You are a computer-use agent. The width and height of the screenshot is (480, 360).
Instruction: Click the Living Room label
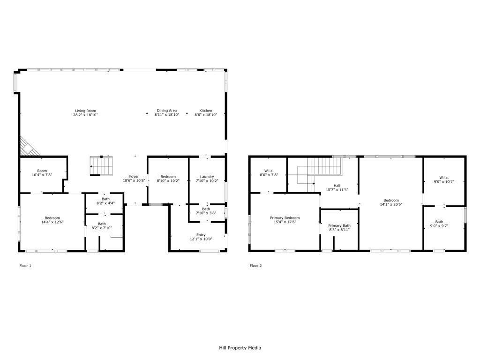[85, 111]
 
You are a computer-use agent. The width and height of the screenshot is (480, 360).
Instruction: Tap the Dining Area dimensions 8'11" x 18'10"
[166, 115]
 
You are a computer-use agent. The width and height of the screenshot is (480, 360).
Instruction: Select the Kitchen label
[206, 111]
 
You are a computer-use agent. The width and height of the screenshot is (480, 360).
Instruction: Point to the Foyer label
[134, 177]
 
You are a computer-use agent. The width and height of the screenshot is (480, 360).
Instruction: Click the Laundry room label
[206, 177]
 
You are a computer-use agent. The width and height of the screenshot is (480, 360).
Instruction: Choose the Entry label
[201, 235]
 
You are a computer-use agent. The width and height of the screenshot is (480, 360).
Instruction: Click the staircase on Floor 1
[102, 165]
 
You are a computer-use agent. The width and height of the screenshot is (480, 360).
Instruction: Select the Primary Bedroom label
[285, 218]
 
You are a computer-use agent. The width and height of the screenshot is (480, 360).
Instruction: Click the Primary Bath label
[339, 226]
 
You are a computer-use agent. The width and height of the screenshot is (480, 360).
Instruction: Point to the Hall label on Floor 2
[337, 186]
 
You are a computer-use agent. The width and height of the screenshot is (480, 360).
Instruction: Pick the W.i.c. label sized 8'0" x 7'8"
[269, 171]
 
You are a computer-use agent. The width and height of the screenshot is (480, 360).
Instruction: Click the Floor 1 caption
[25, 266]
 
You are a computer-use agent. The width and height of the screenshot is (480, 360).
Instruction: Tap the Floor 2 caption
[255, 266]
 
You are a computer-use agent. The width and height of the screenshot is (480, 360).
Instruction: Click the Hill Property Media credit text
[240, 348]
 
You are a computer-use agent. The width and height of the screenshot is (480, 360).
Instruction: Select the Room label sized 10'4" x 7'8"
[42, 171]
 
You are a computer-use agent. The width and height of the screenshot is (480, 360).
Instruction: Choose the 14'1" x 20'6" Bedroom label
[391, 200]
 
